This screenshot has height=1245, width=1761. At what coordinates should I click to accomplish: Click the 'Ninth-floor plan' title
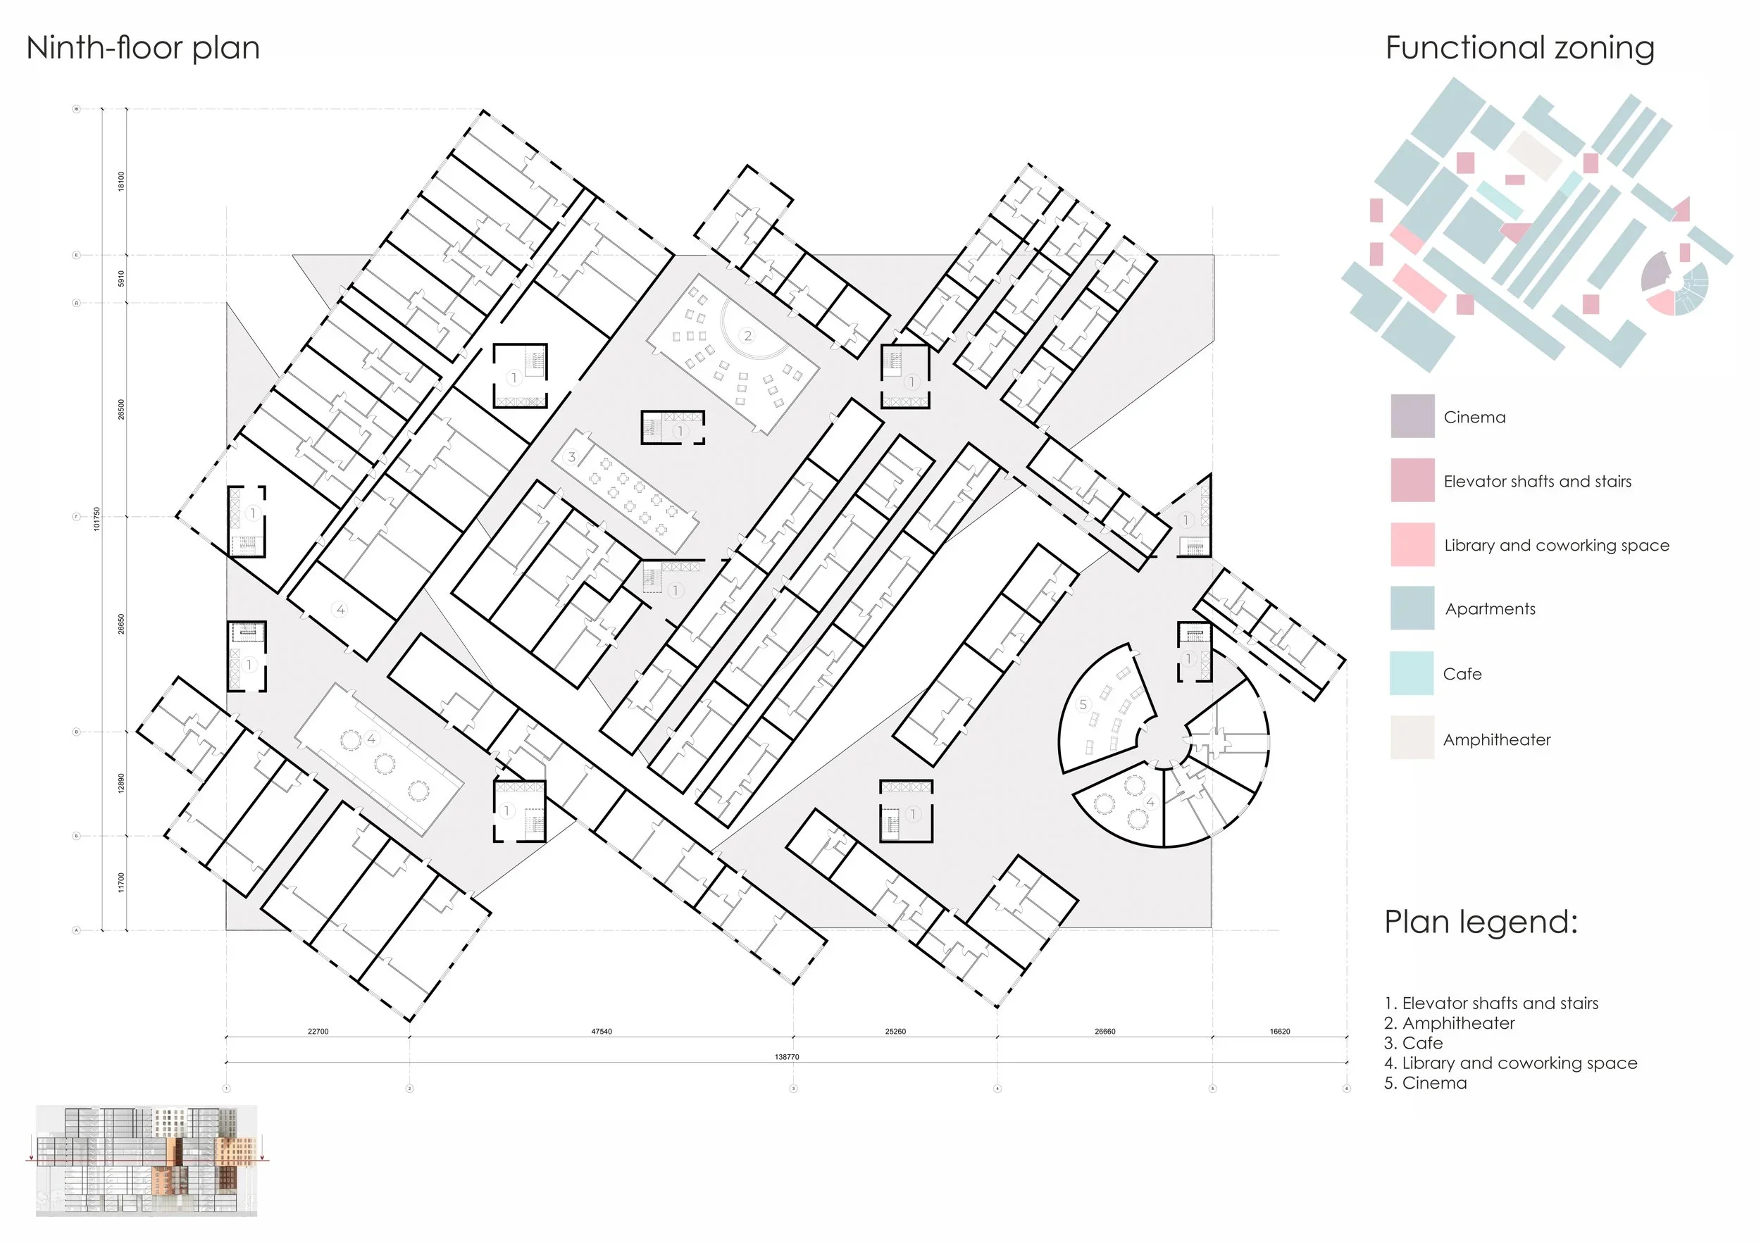[144, 49]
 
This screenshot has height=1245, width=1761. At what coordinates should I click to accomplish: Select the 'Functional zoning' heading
[1519, 49]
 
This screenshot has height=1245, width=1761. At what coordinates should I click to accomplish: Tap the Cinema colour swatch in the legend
[1412, 416]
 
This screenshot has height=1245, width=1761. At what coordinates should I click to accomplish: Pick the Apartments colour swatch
[1412, 608]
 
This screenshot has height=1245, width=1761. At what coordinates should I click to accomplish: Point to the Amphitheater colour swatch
[1412, 737]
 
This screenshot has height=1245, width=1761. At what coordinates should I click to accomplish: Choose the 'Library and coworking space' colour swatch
[1412, 544]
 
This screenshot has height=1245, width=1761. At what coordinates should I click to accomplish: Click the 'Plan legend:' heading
[1480, 922]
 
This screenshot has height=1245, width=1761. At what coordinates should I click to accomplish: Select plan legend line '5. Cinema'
[1425, 1083]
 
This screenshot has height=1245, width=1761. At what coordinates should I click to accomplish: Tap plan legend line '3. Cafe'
[1413, 1044]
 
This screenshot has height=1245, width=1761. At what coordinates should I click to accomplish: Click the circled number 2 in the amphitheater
[747, 335]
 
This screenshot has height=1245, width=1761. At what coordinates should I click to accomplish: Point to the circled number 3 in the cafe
[571, 457]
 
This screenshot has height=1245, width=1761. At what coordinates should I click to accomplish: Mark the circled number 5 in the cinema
[1083, 703]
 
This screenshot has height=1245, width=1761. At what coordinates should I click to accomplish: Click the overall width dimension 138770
[786, 1057]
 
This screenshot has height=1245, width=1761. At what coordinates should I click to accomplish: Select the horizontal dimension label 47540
[602, 1032]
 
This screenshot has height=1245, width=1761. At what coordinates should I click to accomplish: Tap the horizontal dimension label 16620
[1279, 1032]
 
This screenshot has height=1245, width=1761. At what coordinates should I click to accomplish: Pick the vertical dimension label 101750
[97, 519]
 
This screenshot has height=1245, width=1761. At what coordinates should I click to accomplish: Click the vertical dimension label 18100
[121, 182]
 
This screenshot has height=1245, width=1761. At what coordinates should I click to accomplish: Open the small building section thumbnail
[147, 1160]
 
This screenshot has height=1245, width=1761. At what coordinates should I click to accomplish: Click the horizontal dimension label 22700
[318, 1032]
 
